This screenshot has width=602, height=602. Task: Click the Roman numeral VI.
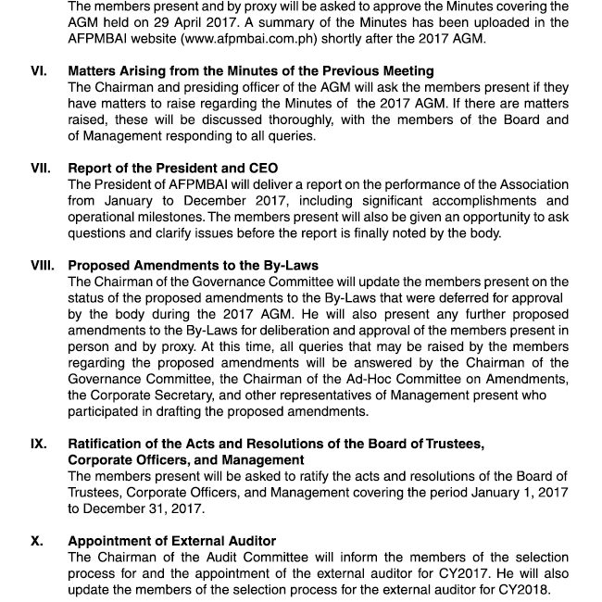[x=39, y=71]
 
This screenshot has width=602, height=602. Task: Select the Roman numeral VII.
[x=41, y=169]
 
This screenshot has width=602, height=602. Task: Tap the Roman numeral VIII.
[x=43, y=266]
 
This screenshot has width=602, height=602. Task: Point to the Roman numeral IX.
[x=39, y=445]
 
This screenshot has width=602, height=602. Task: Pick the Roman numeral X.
[x=36, y=542]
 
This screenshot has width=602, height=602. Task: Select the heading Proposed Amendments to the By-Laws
[x=194, y=266]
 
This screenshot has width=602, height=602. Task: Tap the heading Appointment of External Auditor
[x=172, y=542]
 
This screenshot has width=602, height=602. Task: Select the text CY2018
[x=525, y=590]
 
